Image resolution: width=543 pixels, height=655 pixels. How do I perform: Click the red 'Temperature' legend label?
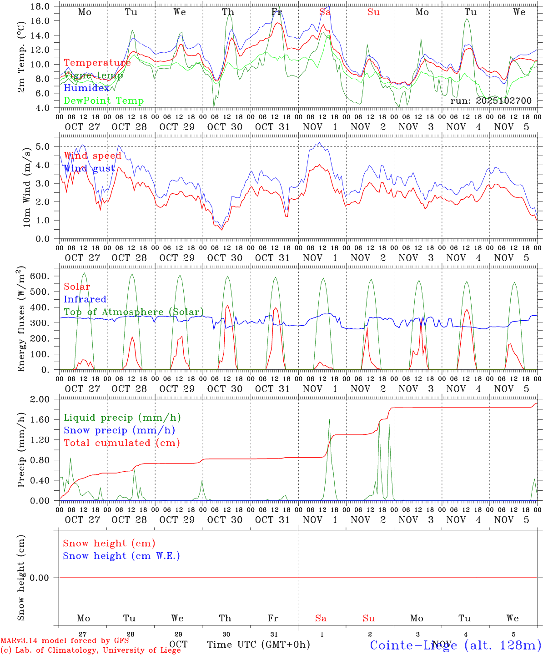point(97,63)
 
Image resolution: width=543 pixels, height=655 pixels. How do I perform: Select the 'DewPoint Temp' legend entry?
point(104,101)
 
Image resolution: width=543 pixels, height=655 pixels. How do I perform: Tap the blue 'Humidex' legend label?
point(86,88)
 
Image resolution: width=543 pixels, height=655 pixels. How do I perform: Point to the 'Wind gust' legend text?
point(89,169)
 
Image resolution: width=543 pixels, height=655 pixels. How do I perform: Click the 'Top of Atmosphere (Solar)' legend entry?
point(134,312)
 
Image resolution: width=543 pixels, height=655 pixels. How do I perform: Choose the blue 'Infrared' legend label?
point(85,299)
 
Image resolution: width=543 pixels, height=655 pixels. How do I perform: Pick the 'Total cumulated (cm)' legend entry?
point(121,443)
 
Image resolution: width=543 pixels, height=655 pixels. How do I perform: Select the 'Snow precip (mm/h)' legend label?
point(119,430)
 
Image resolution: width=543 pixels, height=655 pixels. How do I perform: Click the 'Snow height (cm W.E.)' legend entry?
point(121,556)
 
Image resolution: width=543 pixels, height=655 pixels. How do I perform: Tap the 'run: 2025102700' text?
point(491,101)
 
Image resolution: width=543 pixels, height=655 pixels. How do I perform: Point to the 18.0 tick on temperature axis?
point(41,6)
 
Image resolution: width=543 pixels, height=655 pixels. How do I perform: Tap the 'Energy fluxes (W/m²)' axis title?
point(21,320)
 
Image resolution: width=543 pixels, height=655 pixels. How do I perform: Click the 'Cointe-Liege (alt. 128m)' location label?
point(455,645)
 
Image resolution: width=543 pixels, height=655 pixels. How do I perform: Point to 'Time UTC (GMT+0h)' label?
point(258,645)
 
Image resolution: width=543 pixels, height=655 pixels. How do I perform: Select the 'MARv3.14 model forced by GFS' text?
point(65,640)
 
